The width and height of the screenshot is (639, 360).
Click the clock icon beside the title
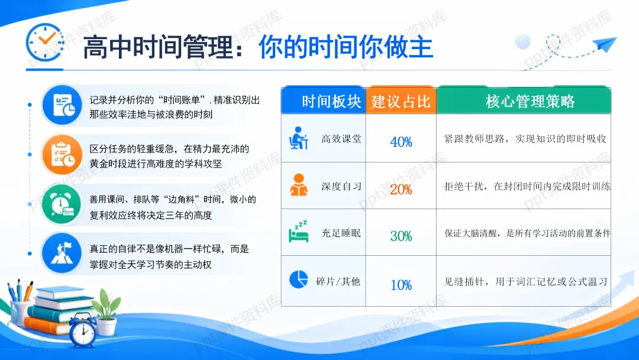(x=45, y=43)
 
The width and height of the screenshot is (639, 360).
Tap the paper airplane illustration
(x=605, y=43)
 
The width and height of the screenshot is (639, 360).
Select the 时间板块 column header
(x=331, y=101)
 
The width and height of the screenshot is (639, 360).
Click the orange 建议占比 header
(x=401, y=101)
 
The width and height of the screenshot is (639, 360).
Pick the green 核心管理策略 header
(x=530, y=101)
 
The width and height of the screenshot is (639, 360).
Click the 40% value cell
(x=401, y=142)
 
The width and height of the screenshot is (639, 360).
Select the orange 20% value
(x=401, y=189)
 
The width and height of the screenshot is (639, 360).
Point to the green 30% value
(x=401, y=236)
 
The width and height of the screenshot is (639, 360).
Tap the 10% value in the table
(x=401, y=285)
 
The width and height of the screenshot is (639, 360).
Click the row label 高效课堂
(x=341, y=139)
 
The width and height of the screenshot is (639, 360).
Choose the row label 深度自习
(x=341, y=187)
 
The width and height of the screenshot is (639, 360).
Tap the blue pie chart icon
(x=298, y=279)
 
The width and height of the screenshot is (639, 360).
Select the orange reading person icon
(x=299, y=185)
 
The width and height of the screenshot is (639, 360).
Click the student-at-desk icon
(x=298, y=138)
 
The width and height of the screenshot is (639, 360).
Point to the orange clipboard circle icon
(x=62, y=155)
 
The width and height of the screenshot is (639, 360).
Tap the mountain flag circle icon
(x=62, y=253)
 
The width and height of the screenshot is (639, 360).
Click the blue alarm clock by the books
(x=83, y=330)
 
